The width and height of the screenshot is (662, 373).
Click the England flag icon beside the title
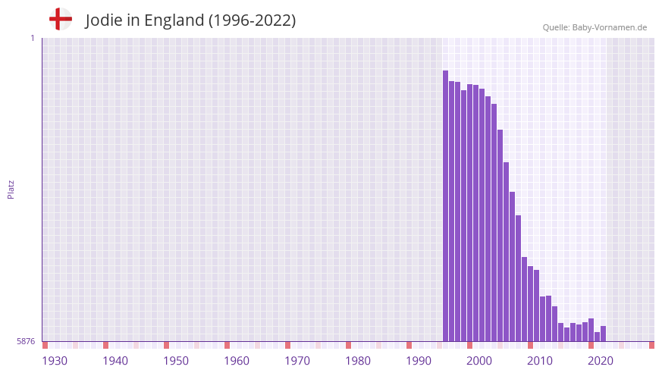[x=60, y=19]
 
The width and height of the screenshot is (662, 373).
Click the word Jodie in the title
[x=102, y=20]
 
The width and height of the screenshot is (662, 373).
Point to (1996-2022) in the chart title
[x=252, y=20]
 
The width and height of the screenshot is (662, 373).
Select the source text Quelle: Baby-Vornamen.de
[x=595, y=27]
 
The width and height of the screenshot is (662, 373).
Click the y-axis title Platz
[x=11, y=190]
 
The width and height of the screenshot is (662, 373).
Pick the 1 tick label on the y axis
[x=32, y=38]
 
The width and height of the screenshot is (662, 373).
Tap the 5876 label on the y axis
[x=26, y=342]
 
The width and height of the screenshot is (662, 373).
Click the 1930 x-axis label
[x=55, y=361]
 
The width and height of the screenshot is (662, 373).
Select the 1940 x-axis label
[x=115, y=361]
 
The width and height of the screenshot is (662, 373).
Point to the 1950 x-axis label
[x=176, y=361]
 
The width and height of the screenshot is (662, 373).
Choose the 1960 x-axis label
[x=237, y=361]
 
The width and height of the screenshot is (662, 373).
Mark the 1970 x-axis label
[x=297, y=361]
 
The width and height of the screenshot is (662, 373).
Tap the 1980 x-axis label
[x=358, y=361]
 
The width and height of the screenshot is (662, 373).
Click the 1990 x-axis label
[x=419, y=361]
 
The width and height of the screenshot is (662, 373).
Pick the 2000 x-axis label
[x=479, y=361]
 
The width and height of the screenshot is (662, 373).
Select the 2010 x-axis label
[x=540, y=361]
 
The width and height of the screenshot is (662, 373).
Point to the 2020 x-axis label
[x=601, y=361]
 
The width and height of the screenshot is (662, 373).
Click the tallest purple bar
[x=446, y=205]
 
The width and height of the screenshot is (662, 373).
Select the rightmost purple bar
[x=604, y=334]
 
